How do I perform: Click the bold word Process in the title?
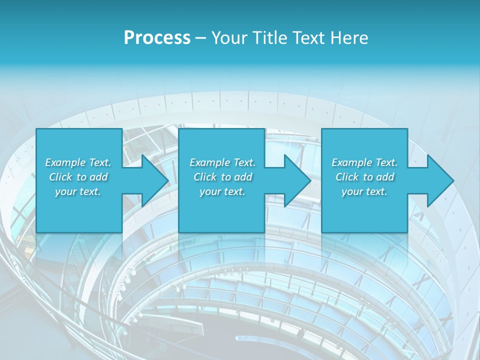click(157, 38)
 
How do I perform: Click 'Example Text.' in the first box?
click(78, 162)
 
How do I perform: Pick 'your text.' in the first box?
click(78, 191)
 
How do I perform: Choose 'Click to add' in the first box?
click(78, 177)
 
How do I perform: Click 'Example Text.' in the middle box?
click(222, 162)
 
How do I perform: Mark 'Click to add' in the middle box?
click(222, 177)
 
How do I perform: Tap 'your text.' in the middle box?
click(222, 191)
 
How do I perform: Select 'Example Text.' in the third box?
click(364, 162)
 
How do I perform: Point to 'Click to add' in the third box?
click(364, 177)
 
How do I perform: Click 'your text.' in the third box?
click(364, 191)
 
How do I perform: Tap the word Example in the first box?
click(65, 162)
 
